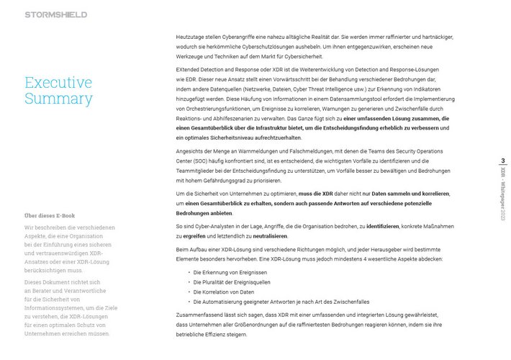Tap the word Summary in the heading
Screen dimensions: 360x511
click(58, 99)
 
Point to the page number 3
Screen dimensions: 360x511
click(503, 161)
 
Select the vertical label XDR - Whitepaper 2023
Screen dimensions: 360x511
click(503, 194)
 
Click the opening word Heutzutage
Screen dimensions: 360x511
click(191, 36)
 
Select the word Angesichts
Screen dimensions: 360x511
click(191, 150)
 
